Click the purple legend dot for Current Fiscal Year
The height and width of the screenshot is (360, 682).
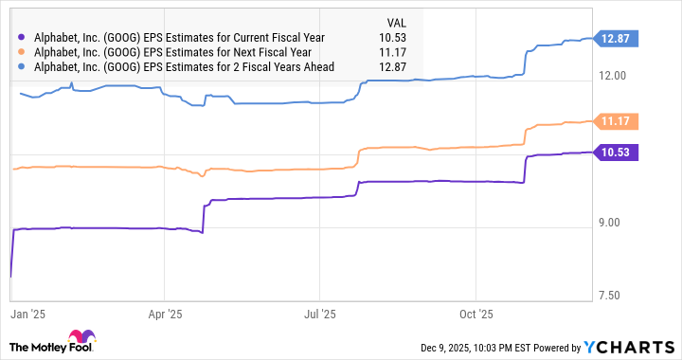(x=23, y=38)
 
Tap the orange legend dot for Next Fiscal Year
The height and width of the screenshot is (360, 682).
(x=23, y=52)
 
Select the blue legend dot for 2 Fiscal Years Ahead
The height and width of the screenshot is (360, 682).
(x=23, y=66)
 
